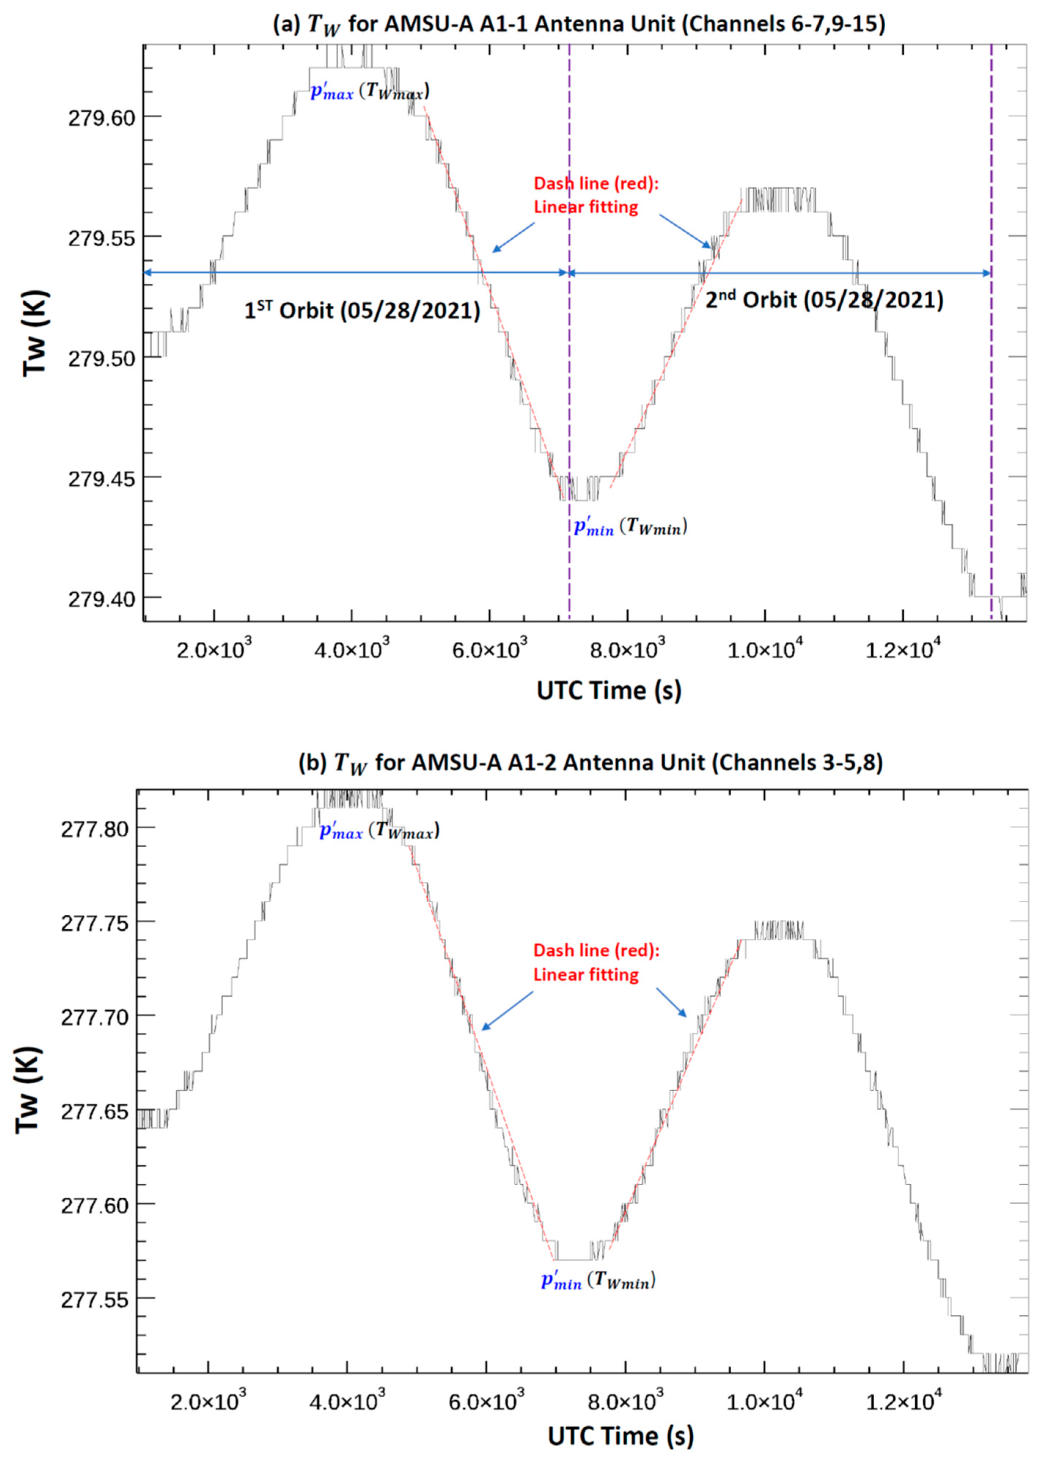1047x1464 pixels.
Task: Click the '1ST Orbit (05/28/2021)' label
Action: [362, 311]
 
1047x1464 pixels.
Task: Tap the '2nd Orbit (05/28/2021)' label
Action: [824, 300]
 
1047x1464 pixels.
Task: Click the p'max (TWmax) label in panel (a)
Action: [370, 92]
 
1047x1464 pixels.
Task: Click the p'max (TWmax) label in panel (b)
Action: [379, 831]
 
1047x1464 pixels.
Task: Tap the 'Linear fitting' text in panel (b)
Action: [585, 974]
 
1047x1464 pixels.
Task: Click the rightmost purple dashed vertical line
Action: [991, 322]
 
